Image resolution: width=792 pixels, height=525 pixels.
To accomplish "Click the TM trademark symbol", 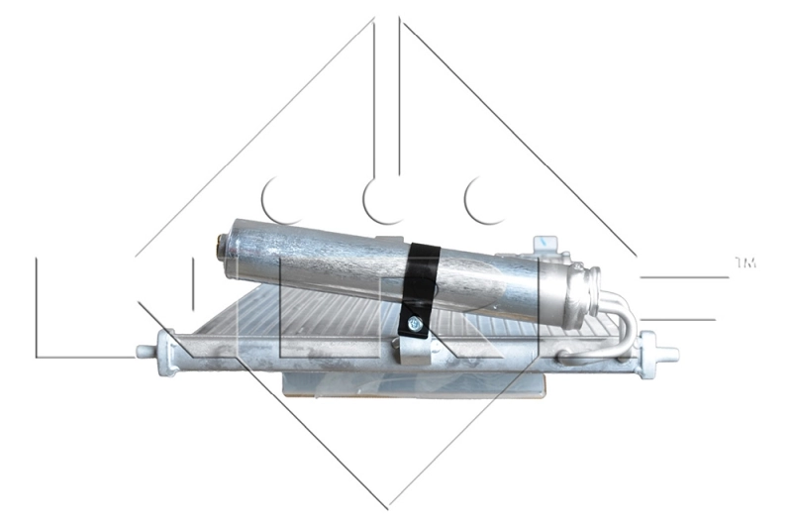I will (744, 262).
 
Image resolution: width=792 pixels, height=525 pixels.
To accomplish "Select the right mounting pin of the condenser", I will (669, 352).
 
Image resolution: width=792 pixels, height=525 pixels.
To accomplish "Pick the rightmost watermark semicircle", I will (486, 201).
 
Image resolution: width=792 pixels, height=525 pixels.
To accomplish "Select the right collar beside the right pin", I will (648, 354).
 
